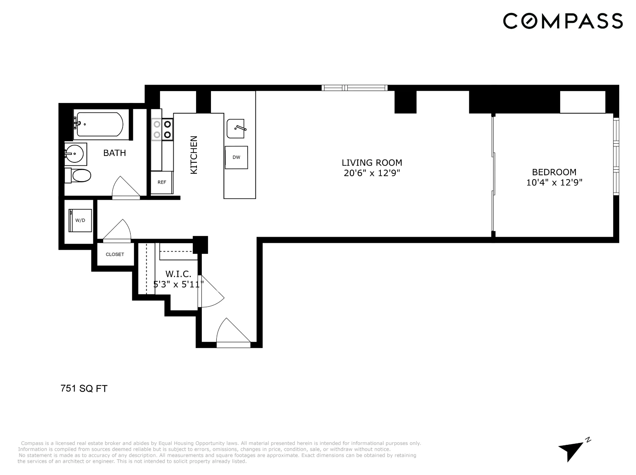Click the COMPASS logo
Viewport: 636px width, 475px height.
pos(563,21)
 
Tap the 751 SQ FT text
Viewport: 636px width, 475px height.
pos(84,388)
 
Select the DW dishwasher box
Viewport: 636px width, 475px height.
pos(236,157)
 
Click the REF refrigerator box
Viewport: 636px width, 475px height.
pos(162,183)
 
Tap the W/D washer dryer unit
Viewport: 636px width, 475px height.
pos(80,220)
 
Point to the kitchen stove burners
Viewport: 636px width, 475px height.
pos(162,129)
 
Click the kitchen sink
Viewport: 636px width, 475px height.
pos(236,129)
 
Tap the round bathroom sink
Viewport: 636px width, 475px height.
pos(74,154)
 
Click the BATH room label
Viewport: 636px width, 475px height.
pos(115,153)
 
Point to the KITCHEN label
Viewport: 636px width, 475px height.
pos(194,155)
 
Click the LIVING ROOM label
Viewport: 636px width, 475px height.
pos(371,162)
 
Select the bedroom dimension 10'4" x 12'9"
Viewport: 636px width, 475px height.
pos(554,183)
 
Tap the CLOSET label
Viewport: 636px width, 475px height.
pos(115,254)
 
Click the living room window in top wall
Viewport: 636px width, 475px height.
pos(354,88)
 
